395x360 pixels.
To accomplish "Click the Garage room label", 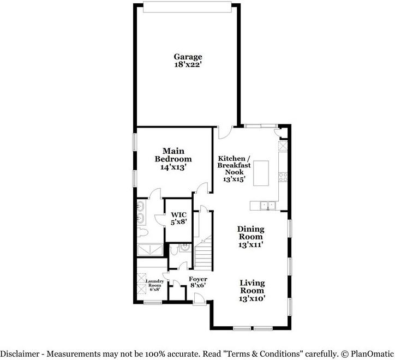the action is click(x=188, y=57).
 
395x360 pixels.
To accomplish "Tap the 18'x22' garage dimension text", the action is click(x=188, y=64).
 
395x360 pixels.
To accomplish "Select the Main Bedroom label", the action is click(x=173, y=155).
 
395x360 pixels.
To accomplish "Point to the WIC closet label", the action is click(x=178, y=215).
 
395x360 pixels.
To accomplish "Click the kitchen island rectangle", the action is click(x=261, y=173).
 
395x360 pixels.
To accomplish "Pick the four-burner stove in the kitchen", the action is click(x=283, y=177).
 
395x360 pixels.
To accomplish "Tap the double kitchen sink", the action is click(x=267, y=205).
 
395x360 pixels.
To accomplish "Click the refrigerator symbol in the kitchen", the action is click(x=283, y=146).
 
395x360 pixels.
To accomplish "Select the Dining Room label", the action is click(x=250, y=233).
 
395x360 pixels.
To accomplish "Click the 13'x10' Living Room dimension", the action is click(x=252, y=298).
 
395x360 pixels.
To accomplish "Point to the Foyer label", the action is click(x=198, y=279).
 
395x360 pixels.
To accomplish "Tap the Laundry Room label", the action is click(x=155, y=283).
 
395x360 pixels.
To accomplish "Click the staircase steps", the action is click(x=203, y=253).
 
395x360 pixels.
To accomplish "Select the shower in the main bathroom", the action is click(x=150, y=250).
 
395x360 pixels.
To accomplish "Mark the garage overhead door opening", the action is click(x=187, y=7).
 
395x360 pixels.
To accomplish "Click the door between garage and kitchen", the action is click(x=225, y=133).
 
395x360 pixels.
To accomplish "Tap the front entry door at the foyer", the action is click(x=200, y=299).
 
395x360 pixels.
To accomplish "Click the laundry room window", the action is click(x=153, y=303).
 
